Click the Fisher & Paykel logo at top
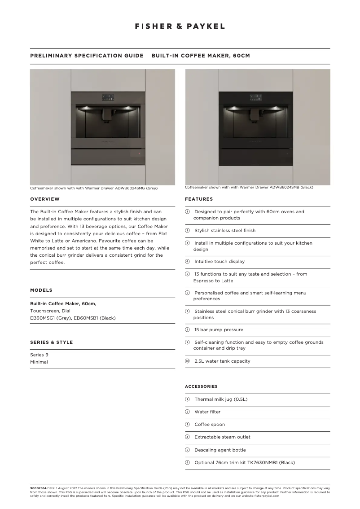pos(180,26)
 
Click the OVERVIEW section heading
pos(44,199)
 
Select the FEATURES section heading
pos(199,199)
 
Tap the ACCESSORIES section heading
pos(201,386)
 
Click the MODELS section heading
pos(41,290)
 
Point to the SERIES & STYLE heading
pos(51,342)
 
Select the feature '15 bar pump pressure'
pos(219,329)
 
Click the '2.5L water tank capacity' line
pos(222,361)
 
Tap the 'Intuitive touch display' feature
pos(220,261)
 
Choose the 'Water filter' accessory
pos(207,412)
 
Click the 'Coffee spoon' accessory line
pos(210,424)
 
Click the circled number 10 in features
pos(187,361)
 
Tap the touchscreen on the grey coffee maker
pos(107,97)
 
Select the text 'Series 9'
pos(39,355)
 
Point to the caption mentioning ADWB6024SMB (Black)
pos(249,187)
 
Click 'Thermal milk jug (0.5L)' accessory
pos(221,399)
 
